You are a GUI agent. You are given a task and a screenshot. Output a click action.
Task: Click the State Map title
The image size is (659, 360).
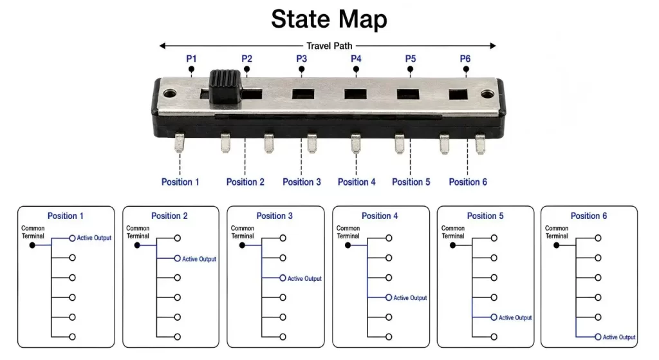coord(329,19)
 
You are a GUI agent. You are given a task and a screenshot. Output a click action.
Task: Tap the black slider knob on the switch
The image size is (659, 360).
coord(225,87)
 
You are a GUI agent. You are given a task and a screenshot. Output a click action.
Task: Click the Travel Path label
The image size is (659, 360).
coord(329,46)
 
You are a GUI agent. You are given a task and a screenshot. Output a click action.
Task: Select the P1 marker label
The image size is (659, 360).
coord(191,59)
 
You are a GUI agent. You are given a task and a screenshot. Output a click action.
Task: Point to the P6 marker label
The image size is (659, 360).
coord(465,59)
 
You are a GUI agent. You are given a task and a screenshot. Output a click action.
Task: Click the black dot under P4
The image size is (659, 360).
coord(356,69)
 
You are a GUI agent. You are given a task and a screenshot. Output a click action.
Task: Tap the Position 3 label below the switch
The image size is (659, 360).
coord(302,182)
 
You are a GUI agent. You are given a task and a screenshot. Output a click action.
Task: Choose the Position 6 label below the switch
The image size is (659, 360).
coord(468,182)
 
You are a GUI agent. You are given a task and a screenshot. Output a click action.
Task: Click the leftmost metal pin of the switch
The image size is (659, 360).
coord(180,142)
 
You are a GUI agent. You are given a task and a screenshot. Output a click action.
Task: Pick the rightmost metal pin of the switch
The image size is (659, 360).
coord(480,144)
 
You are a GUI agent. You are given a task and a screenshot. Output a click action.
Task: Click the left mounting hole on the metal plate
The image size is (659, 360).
coord(169,93)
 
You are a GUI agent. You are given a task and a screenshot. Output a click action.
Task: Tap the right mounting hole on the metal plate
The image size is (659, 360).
coord(487,94)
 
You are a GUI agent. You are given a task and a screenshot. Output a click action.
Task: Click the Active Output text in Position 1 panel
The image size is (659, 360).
coord(94,238)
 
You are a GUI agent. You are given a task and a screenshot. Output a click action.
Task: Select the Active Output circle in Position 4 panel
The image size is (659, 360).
coord(389,298)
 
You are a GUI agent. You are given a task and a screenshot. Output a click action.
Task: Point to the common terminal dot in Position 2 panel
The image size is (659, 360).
coord(137,245)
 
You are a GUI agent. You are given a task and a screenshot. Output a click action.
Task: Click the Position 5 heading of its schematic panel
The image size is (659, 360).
coord(485,216)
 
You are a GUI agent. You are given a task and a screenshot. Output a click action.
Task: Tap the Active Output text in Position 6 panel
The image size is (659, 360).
coord(619,337)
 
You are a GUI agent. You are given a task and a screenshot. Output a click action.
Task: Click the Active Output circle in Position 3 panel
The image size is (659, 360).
coord(283,278)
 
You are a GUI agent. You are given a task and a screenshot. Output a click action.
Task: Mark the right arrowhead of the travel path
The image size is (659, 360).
coord(493,46)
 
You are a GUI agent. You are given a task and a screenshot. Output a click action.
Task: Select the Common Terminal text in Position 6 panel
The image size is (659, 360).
coord(557,232)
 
